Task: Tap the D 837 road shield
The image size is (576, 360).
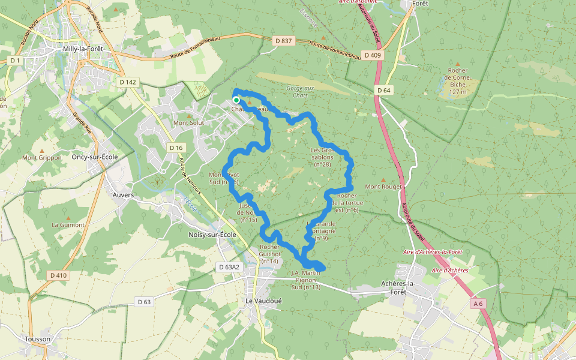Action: [285, 41]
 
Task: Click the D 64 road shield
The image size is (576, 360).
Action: [384, 90]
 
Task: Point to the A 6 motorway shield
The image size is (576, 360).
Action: [478, 304]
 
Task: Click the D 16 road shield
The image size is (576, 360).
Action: [175, 148]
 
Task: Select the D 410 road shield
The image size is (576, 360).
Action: [58, 275]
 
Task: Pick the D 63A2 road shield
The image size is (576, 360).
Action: [229, 267]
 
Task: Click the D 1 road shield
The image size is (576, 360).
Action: [15, 61]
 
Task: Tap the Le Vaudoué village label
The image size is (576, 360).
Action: [260, 300]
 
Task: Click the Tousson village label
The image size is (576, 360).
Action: [38, 339]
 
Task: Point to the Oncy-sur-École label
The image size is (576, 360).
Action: [94, 157]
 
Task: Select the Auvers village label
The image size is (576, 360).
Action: [123, 195]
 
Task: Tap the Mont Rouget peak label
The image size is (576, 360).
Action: [383, 187]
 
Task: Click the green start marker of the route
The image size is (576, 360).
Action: [236, 100]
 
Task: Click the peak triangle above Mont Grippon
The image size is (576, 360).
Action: [42, 150]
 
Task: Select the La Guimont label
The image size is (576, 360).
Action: [68, 225]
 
